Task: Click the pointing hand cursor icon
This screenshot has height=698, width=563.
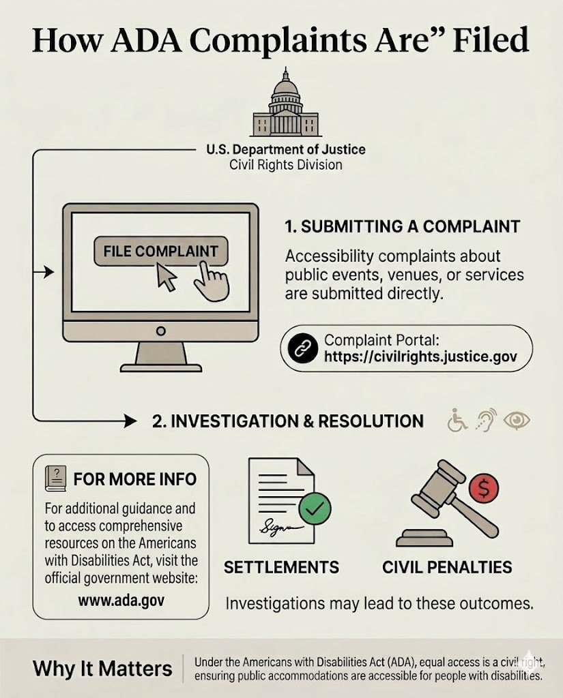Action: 210,283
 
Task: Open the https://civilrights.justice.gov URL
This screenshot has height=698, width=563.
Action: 420,356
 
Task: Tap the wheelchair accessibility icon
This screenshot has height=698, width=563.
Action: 457,421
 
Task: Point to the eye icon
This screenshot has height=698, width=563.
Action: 517,421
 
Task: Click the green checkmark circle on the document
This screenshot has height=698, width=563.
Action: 315,508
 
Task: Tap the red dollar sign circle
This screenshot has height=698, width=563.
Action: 485,487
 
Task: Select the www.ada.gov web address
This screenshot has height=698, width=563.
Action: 121,601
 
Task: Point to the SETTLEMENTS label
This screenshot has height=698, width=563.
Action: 281,567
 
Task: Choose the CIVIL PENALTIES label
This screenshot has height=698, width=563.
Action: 447,567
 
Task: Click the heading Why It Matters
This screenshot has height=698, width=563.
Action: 102,667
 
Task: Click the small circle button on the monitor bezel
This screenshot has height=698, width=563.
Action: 160,331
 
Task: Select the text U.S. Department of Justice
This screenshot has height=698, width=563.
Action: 285,149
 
